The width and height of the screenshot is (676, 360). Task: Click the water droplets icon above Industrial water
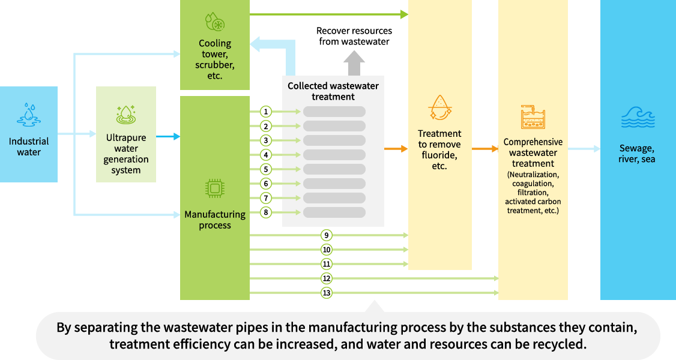[29, 115]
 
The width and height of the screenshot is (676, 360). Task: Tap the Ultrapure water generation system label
[126, 154]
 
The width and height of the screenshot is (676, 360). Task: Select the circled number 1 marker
[266, 112]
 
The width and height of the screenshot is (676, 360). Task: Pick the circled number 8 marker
[266, 212]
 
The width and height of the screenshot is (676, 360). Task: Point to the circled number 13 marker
[327, 293]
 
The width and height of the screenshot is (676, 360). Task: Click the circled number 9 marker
[327, 235]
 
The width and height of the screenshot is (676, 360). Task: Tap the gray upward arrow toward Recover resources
[354, 62]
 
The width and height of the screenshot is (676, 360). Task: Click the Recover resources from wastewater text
[354, 36]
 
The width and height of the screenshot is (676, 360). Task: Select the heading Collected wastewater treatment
[333, 91]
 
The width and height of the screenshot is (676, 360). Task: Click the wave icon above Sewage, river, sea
[638, 118]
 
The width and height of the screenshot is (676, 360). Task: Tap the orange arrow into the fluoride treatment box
[396, 148]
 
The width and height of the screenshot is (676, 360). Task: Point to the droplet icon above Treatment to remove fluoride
[440, 107]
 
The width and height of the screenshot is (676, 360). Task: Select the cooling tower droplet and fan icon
[214, 22]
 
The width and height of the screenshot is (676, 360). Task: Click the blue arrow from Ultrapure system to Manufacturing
[168, 137]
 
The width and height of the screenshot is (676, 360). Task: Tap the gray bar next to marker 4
[334, 155]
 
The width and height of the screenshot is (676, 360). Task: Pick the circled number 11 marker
[327, 264]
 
